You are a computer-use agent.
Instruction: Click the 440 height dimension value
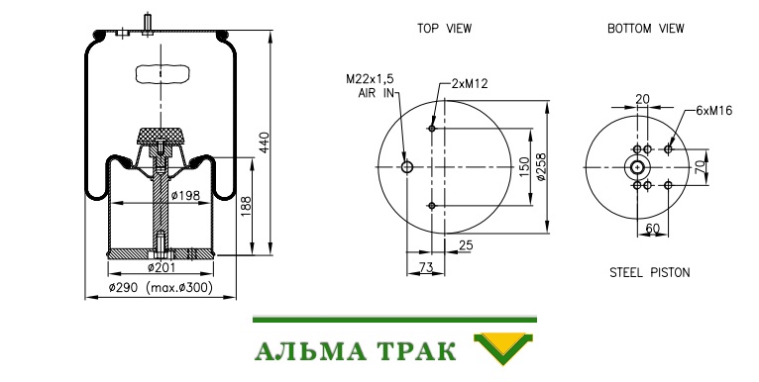265,143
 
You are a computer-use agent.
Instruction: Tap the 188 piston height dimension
247,207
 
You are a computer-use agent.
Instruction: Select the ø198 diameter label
185,196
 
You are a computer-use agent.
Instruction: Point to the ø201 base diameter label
162,267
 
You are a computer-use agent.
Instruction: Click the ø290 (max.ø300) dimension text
161,288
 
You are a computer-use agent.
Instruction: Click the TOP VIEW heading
444,29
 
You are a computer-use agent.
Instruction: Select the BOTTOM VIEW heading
646,29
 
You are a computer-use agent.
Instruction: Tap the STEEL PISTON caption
650,273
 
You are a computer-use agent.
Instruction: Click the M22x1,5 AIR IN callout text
370,86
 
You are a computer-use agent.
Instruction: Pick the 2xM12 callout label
469,84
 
